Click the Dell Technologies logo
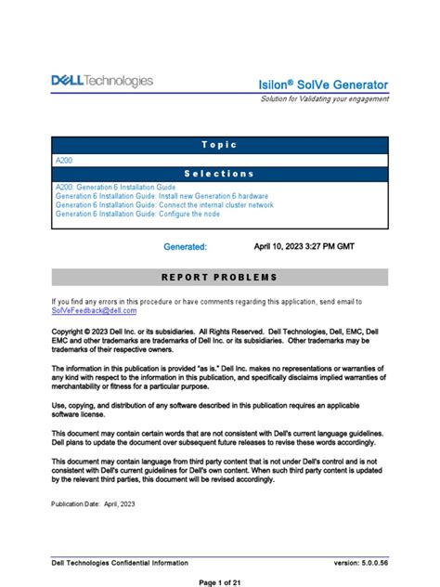click(102, 82)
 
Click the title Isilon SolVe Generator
click(323, 85)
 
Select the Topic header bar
click(219, 145)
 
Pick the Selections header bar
click(219, 174)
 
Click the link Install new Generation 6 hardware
click(162, 196)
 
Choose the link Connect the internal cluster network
click(164, 205)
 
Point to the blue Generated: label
click(186, 247)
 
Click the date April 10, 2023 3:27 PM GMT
click(304, 247)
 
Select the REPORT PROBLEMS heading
click(219, 277)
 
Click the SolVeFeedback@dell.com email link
click(98, 311)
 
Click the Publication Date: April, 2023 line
click(94, 503)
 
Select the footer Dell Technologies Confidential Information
click(120, 563)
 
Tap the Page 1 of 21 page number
click(219, 581)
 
